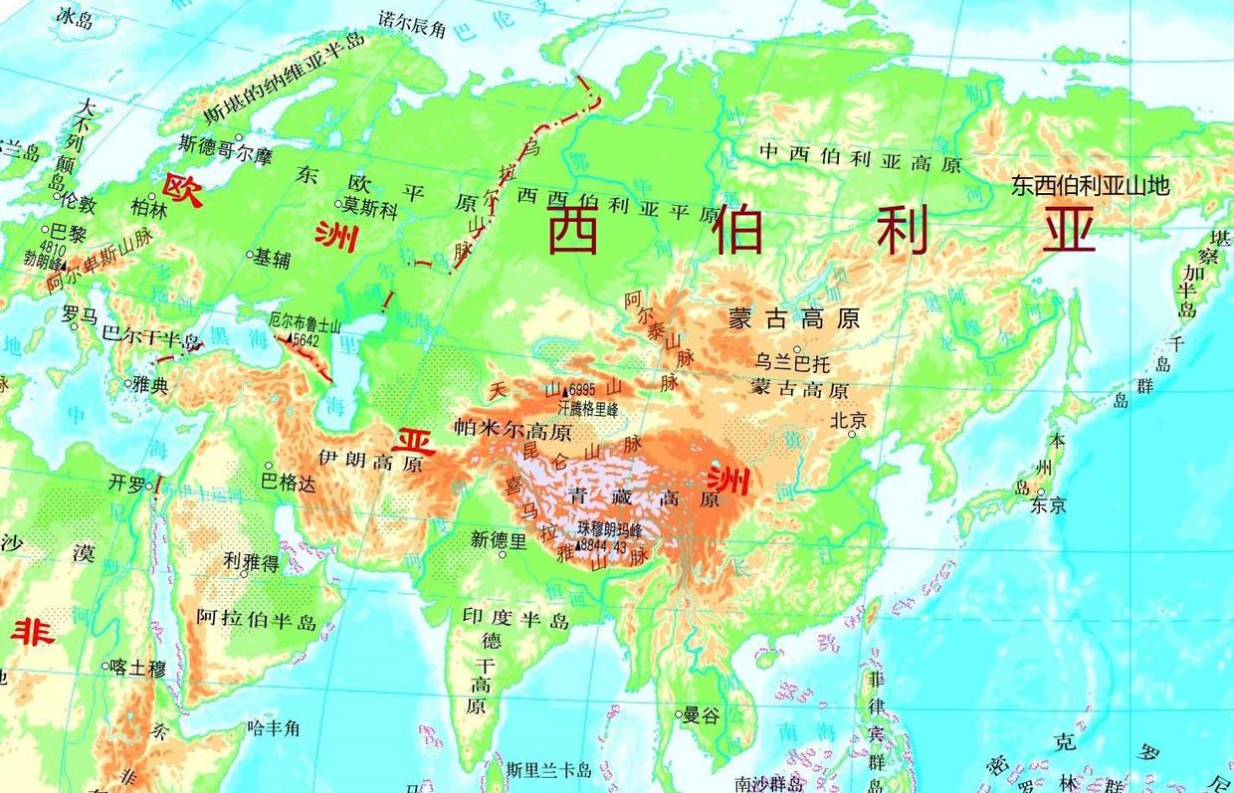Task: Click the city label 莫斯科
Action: point(370,208)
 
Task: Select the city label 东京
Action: point(1048,505)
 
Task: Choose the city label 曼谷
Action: point(701,714)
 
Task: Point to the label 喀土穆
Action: point(138,668)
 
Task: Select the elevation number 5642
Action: point(306,339)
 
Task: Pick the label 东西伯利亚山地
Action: point(1089,184)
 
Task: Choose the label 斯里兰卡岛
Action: point(548,769)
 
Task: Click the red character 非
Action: point(32,630)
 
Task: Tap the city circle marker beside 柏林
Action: point(152,196)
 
